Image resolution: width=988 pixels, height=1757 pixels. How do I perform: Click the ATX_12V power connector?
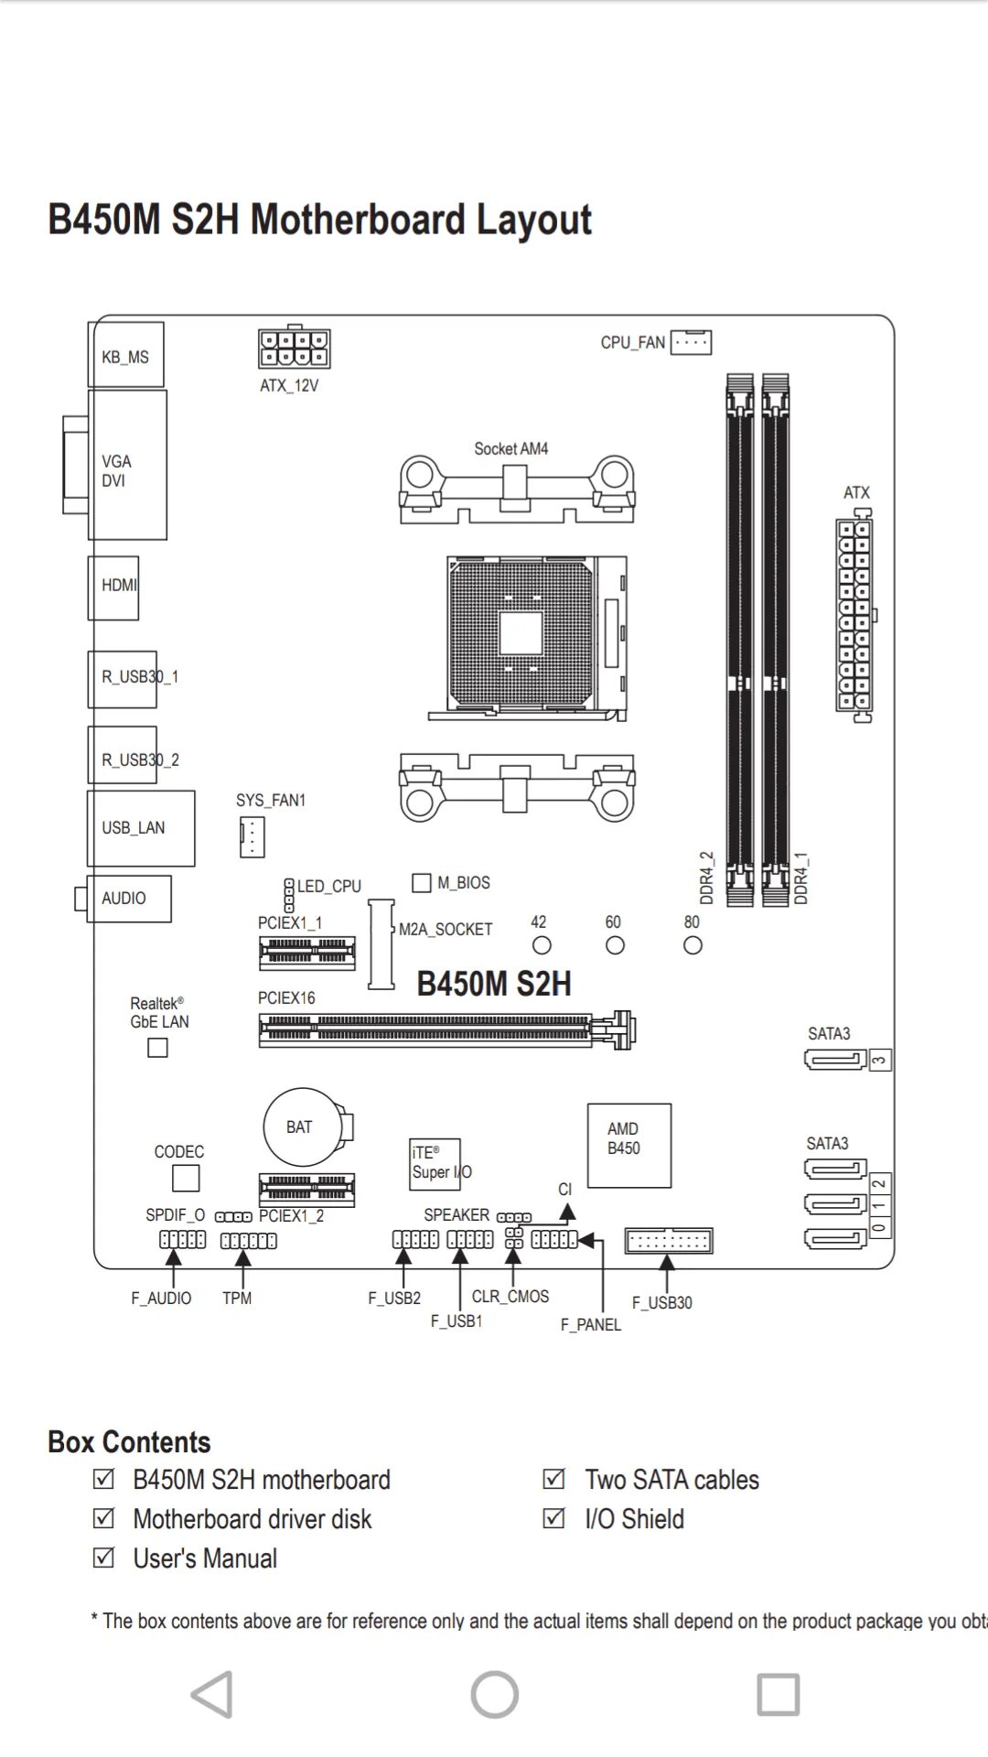tap(294, 349)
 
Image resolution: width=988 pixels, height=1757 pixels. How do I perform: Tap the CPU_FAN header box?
tap(691, 342)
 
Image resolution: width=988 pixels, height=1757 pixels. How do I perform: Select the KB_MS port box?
tap(126, 355)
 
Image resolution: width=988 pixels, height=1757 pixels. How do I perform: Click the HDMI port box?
tap(114, 587)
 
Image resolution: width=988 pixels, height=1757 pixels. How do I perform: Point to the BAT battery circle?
tap(302, 1126)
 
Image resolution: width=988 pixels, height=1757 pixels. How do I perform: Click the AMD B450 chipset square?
tap(628, 1145)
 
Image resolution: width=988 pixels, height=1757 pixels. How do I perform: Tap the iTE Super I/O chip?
tap(435, 1164)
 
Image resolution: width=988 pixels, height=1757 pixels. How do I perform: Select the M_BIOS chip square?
tap(422, 882)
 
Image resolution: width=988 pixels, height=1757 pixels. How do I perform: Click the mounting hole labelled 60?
tap(616, 945)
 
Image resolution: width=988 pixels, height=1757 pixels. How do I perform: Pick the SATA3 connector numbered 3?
tap(835, 1060)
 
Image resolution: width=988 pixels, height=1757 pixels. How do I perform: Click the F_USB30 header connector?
tap(669, 1241)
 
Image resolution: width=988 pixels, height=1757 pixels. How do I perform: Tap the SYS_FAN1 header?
tap(252, 836)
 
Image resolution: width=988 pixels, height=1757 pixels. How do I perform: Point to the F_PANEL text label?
tap(590, 1324)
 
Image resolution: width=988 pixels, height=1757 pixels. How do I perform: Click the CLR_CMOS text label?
tap(510, 1296)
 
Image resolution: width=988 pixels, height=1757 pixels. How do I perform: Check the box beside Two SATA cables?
tap(553, 1479)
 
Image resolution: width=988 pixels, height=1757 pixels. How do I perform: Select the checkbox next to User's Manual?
tap(104, 1558)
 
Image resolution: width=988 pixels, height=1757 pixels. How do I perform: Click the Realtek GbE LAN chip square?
tap(158, 1048)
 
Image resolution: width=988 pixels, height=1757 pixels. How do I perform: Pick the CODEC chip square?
tap(186, 1178)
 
